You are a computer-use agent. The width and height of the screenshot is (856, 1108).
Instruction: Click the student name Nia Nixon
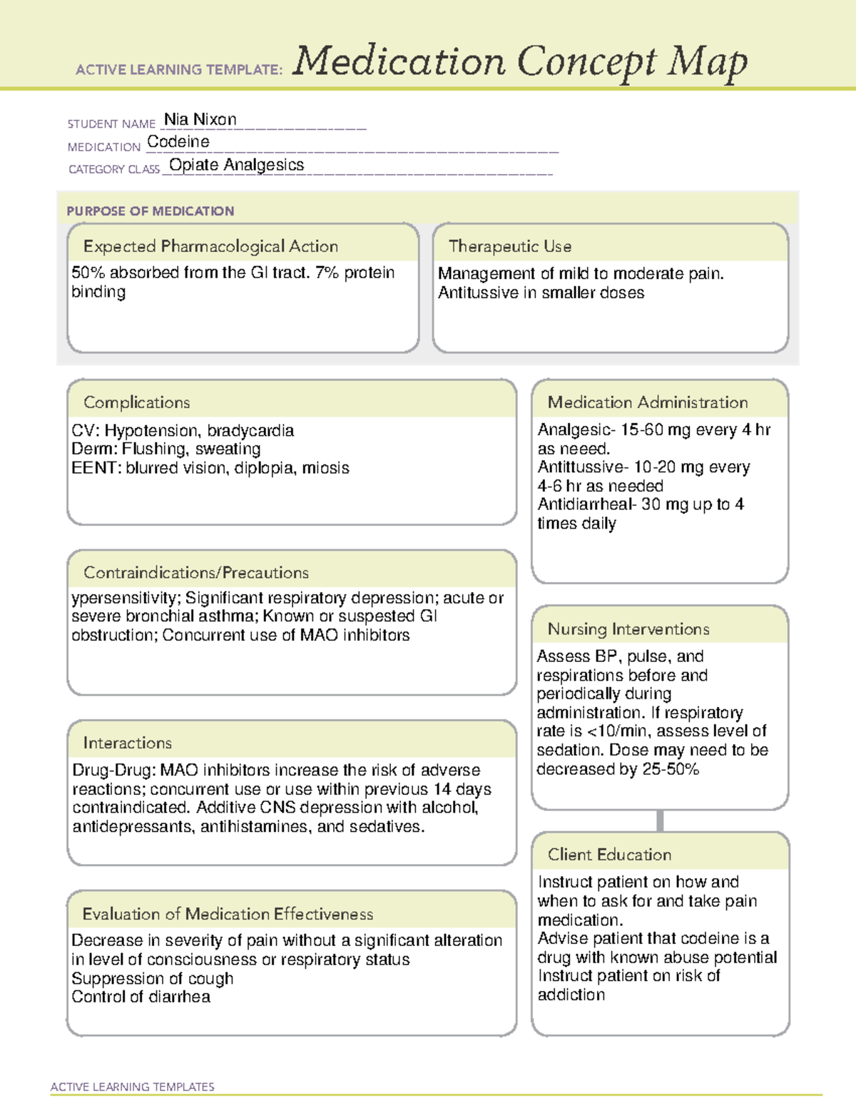(x=200, y=120)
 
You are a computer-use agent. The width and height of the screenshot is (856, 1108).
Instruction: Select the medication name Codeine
(x=178, y=142)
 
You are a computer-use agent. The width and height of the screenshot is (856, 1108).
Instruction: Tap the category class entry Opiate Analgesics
(x=236, y=165)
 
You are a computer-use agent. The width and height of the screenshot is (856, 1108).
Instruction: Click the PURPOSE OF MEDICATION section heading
(x=150, y=211)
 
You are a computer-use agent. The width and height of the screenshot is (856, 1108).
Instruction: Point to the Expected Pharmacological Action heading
(x=210, y=246)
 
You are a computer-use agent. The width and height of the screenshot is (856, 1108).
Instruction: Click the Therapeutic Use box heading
(x=509, y=246)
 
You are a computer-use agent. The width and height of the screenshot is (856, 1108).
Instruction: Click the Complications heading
(x=136, y=402)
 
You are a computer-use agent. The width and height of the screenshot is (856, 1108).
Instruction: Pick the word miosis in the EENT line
(x=325, y=468)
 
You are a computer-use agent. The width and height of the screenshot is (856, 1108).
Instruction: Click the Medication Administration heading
(x=647, y=402)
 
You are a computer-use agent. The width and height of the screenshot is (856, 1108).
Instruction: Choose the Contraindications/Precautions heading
(x=195, y=573)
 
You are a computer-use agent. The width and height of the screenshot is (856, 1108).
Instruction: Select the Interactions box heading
(x=127, y=743)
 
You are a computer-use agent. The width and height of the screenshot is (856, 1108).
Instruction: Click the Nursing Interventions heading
(x=628, y=629)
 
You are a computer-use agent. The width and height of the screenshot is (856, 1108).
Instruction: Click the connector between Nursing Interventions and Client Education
(x=660, y=820)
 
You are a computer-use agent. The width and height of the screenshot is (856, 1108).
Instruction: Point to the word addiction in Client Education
(x=571, y=995)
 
